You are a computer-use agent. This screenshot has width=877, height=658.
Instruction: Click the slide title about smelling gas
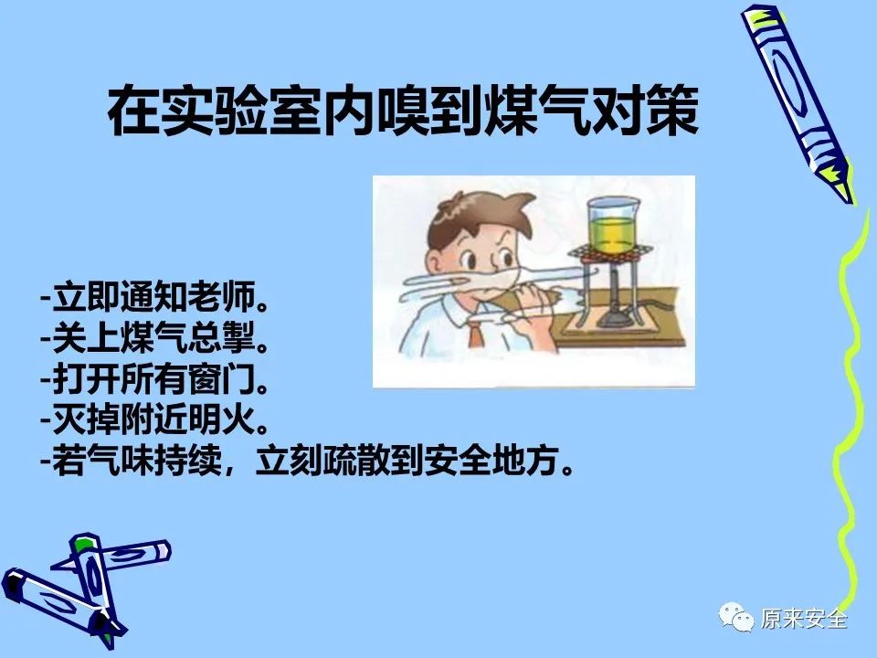click(403, 111)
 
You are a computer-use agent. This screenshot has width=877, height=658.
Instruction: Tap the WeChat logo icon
click(736, 617)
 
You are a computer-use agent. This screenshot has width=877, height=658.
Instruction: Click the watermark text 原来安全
click(804, 619)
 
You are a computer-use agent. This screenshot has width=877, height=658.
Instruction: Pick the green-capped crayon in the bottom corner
click(96, 582)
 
